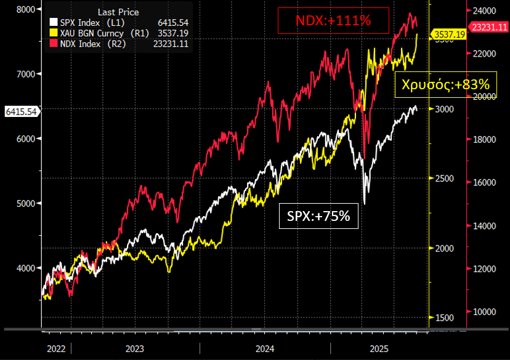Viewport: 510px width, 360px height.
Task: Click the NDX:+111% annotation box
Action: point(333,21)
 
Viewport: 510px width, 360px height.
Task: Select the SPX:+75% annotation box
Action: point(318,216)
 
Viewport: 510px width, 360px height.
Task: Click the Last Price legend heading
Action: point(118,12)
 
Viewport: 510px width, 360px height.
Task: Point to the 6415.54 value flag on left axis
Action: point(21,111)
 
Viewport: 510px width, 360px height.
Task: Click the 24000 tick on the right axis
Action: point(484,10)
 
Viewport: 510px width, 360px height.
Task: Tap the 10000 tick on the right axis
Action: point(484,311)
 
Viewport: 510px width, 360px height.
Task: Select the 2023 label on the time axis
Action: point(135,348)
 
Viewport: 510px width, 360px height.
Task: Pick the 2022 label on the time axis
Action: point(56,348)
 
